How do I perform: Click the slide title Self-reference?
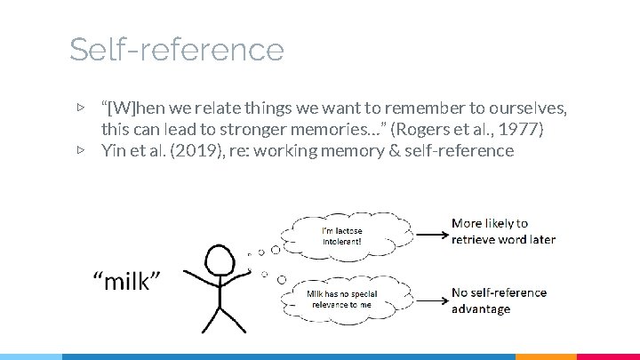coord(176,49)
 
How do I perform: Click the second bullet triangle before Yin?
coord(81,150)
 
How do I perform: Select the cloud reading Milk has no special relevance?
coord(342,299)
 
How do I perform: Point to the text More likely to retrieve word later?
coord(503,231)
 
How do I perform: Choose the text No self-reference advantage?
coord(499,300)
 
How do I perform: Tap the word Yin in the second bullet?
coord(114,150)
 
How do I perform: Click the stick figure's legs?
coord(219,318)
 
